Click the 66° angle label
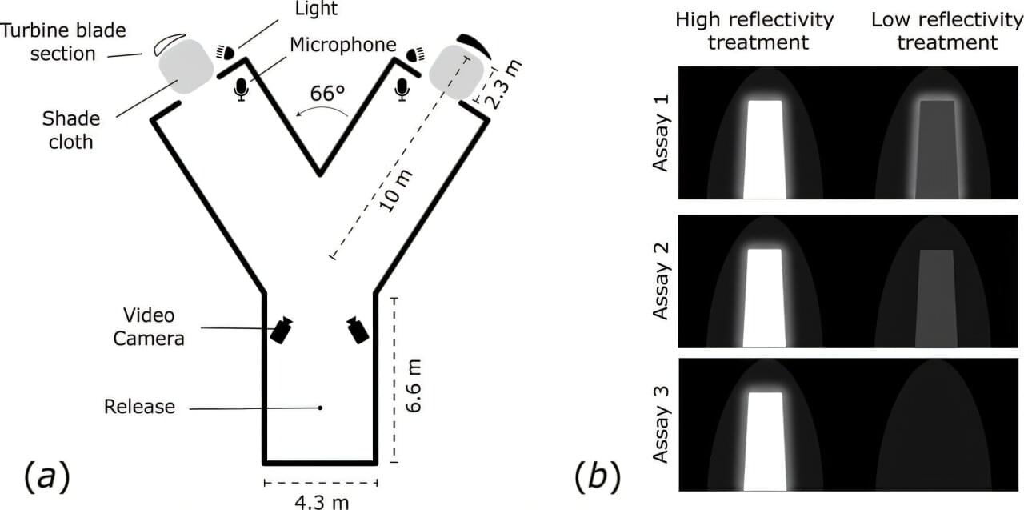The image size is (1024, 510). pos(328,93)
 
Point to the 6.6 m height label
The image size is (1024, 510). pos(414,385)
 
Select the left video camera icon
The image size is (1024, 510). pos(282,330)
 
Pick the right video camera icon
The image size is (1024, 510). pos(358,329)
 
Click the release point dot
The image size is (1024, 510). pos(321,408)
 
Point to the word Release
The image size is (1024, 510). pos(139,407)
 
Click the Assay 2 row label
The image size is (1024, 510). pos(662,281)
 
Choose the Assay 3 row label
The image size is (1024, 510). pos(662,424)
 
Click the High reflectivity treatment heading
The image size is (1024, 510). pos(754,30)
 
